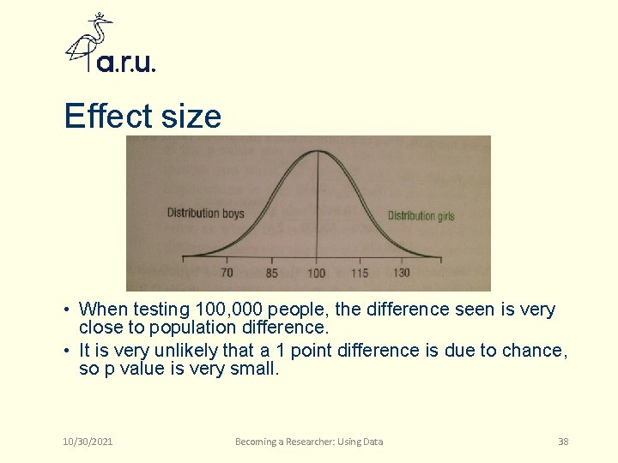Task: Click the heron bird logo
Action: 90,41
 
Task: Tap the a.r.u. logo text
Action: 126,63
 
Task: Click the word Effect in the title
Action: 106,116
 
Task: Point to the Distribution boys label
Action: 205,213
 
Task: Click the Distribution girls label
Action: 421,216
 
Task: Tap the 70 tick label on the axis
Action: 227,273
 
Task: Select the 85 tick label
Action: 271,274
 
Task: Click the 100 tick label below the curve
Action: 317,274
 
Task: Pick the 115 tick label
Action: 360,274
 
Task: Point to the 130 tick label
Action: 401,273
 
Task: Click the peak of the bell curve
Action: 317,152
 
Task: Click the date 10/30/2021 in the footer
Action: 88,442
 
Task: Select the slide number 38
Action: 563,442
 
